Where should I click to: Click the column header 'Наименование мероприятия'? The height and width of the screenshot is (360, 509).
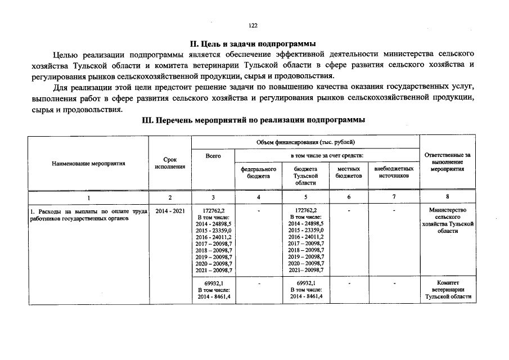[88, 164]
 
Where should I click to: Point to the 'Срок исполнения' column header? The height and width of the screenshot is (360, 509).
[169, 164]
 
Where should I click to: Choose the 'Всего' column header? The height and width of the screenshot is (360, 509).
[213, 155]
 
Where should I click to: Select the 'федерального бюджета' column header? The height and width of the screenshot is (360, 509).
[258, 172]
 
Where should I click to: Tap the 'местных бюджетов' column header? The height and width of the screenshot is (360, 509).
[349, 172]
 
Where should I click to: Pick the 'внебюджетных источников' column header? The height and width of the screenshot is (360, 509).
[394, 172]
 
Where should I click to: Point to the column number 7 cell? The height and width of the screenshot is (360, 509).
[394, 197]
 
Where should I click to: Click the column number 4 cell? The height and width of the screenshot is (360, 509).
[258, 197]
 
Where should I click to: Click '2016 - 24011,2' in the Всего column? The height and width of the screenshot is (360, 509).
[213, 237]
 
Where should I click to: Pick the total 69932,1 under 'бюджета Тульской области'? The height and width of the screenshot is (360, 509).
[305, 283]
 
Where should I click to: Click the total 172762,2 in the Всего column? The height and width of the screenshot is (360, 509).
[213, 210]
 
